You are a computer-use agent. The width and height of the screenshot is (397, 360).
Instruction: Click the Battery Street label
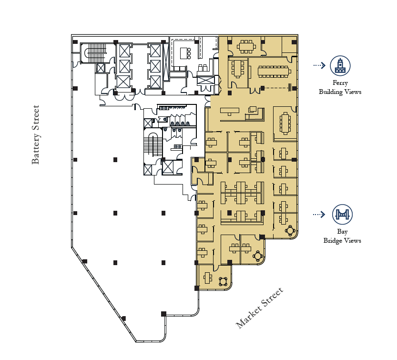[x=36, y=135]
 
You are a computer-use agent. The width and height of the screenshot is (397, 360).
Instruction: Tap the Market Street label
[x=259, y=308]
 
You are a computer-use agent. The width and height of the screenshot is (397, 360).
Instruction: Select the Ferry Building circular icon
[x=340, y=65]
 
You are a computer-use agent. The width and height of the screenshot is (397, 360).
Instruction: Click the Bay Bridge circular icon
[x=342, y=214]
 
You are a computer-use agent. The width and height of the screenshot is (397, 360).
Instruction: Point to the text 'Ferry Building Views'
[x=340, y=88]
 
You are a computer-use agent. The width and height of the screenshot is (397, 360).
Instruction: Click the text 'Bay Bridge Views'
[x=342, y=236]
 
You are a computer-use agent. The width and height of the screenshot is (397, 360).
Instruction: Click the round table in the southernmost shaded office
[x=223, y=281]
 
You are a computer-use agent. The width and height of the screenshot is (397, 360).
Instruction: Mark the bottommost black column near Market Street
[x=163, y=313]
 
